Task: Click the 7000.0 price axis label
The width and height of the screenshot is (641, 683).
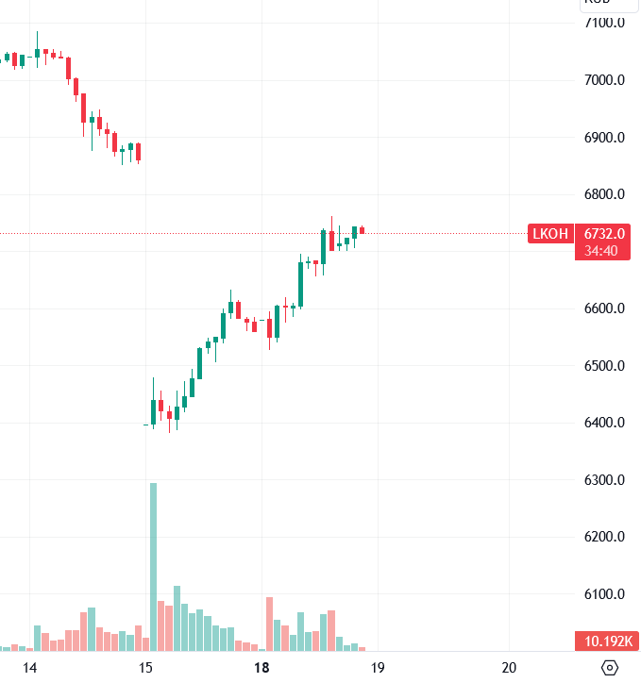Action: point(605,80)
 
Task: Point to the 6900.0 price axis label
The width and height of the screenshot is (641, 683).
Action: point(605,138)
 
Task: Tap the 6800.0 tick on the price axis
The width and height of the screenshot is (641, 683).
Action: point(605,195)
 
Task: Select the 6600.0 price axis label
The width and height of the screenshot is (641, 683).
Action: point(605,309)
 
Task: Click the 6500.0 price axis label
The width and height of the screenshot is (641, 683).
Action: point(605,366)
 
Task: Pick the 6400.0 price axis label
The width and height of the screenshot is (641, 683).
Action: point(605,423)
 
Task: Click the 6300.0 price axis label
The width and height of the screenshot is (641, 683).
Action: point(605,480)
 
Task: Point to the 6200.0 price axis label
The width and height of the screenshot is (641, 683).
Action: point(605,538)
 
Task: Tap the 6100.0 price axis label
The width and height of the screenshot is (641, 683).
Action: point(605,594)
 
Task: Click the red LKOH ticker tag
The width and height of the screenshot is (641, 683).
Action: point(550,234)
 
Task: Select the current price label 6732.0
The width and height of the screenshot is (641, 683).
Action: point(605,234)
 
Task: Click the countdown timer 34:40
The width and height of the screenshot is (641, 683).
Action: point(601,251)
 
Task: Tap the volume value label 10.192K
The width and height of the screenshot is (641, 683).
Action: point(607,642)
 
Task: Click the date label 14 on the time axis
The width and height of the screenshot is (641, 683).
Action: point(29,668)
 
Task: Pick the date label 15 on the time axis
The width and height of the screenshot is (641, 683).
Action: point(145,668)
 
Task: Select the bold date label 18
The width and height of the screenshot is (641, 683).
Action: point(261,668)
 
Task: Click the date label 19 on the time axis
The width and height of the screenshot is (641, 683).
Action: point(377,668)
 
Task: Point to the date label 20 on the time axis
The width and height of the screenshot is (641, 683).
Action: point(510,668)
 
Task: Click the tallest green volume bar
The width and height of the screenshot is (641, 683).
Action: point(153,566)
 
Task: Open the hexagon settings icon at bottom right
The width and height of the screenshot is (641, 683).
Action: point(610,668)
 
